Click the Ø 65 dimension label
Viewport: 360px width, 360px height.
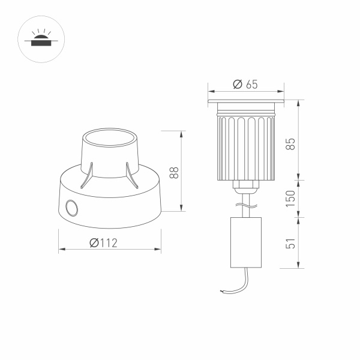(x=244, y=85)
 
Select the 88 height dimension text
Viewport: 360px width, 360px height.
(x=174, y=173)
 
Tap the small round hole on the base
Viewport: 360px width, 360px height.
(x=72, y=209)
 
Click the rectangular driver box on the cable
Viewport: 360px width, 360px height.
(x=246, y=242)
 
